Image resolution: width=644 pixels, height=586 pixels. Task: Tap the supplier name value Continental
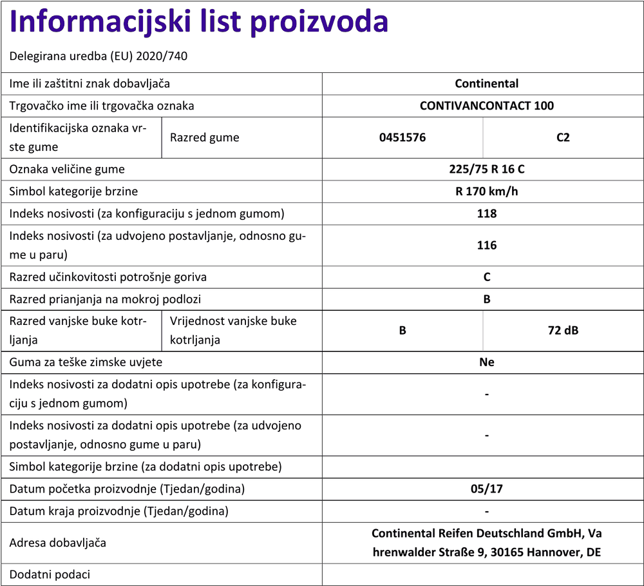[x=486, y=83]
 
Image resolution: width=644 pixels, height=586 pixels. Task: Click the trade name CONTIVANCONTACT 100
[x=486, y=105]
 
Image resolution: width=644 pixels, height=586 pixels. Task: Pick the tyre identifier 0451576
[x=402, y=137]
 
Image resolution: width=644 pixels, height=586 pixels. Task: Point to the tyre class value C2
[x=563, y=137]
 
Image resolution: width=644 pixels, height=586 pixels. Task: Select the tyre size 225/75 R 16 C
[x=486, y=170]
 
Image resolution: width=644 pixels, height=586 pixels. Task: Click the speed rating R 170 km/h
[x=486, y=191]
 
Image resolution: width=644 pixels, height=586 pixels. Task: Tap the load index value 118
[x=486, y=213]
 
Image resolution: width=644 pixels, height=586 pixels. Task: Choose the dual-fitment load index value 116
[x=486, y=245]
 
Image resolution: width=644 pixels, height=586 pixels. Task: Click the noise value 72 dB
[x=563, y=331]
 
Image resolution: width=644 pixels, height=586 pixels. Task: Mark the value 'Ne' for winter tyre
[x=486, y=362]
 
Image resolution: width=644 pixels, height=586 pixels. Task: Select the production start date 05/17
[x=486, y=489]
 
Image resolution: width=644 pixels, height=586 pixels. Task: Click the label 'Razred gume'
[x=204, y=137]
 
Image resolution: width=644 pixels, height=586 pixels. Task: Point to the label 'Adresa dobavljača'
[x=58, y=543]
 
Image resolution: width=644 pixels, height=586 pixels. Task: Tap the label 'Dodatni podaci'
[x=50, y=574]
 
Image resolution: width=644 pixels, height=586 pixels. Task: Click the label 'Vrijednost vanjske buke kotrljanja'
[x=233, y=330]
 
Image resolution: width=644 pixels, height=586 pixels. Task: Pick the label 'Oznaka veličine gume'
[x=67, y=170]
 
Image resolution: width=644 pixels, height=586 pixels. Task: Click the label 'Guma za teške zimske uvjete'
[x=86, y=362]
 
